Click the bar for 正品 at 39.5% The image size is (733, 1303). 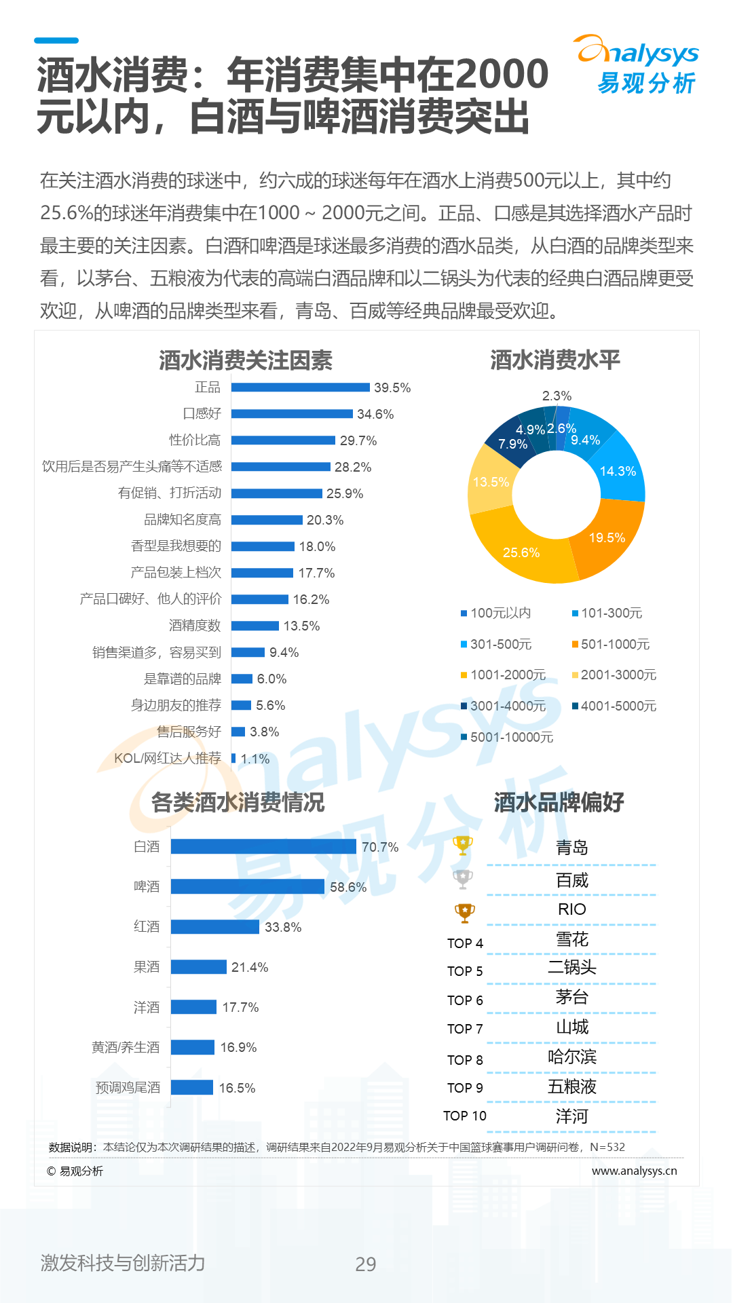301,388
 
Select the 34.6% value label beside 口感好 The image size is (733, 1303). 375,414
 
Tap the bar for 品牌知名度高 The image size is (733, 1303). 267,520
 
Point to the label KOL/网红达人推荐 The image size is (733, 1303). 168,758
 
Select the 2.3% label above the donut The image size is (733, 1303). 557,396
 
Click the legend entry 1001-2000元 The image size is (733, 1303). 503,675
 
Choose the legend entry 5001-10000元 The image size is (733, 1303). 507,737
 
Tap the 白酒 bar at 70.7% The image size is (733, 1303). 263,846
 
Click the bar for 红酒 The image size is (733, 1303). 215,926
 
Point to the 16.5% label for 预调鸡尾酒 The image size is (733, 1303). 237,1088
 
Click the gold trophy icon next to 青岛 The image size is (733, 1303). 463,846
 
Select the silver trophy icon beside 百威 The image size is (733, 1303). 463,880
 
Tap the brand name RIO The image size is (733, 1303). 571,909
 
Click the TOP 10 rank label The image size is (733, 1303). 465,1116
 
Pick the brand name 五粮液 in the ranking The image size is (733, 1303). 572,1087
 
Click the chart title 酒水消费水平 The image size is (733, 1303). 555,360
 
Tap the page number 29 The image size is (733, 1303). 366,1264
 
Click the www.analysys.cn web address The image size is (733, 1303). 634,1171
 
